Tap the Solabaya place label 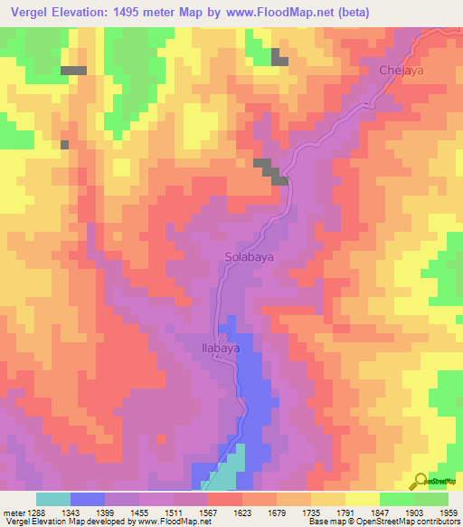249,257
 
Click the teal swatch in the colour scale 53,499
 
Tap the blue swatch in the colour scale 88,499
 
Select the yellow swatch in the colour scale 362,499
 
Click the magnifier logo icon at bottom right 420,480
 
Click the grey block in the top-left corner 73,70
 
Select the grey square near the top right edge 279,61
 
